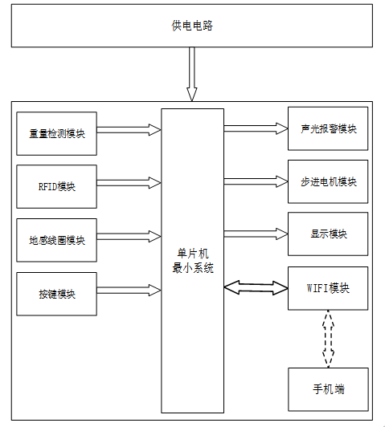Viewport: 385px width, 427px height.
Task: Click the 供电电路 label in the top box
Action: [x=192, y=26]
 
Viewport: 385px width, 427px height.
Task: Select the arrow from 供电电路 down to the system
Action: [x=192, y=74]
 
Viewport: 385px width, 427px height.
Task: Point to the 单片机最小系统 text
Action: [x=193, y=261]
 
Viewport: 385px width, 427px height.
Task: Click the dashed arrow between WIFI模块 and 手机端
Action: [x=328, y=339]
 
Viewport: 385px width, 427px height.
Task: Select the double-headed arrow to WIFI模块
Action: [x=256, y=287]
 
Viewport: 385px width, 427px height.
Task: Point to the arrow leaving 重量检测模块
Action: [x=129, y=130]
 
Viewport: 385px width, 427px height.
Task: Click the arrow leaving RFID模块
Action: [x=129, y=183]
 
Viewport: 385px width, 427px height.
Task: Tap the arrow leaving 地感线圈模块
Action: [x=129, y=236]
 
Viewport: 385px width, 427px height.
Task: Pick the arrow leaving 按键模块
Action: [x=129, y=291]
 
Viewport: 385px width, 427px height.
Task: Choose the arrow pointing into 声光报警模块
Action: [x=256, y=128]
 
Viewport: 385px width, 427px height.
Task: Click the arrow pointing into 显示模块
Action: [x=256, y=234]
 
